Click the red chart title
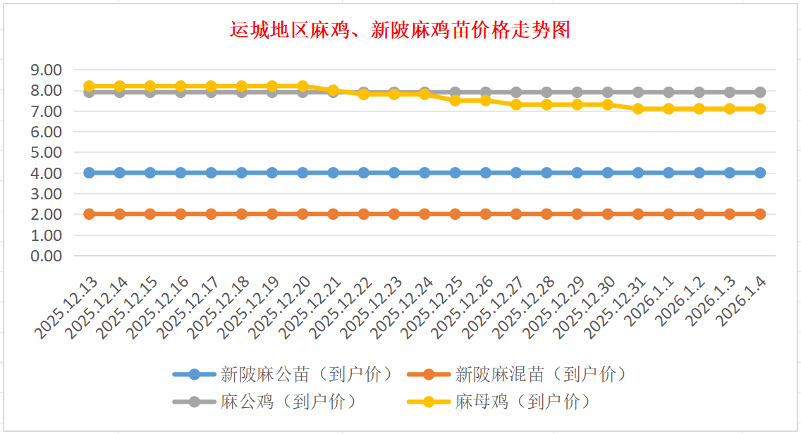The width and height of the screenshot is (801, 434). (x=400, y=30)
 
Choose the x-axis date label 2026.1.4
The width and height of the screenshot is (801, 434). (x=742, y=299)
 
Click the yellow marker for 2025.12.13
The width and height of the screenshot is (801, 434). (x=90, y=86)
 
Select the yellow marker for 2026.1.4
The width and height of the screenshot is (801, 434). (x=760, y=108)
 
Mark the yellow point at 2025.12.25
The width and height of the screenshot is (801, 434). (x=455, y=100)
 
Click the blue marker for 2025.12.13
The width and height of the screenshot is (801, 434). (x=90, y=173)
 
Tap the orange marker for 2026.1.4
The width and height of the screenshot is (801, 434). (x=760, y=213)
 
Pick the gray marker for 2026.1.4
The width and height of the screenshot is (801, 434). (x=760, y=92)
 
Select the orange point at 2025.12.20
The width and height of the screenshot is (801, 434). (x=303, y=213)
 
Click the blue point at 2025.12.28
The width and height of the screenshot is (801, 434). (x=546, y=173)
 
